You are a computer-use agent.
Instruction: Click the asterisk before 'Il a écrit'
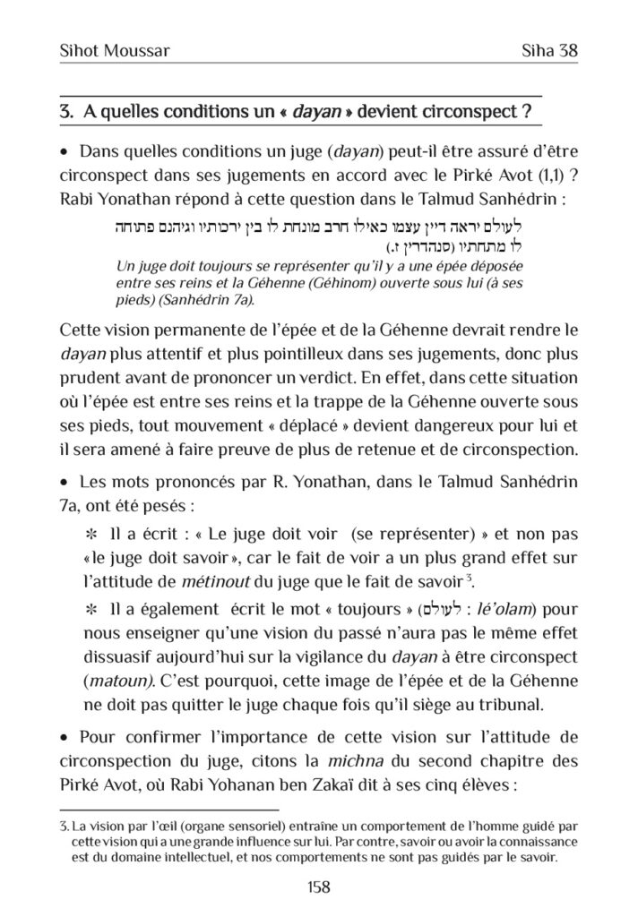coord(91,536)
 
